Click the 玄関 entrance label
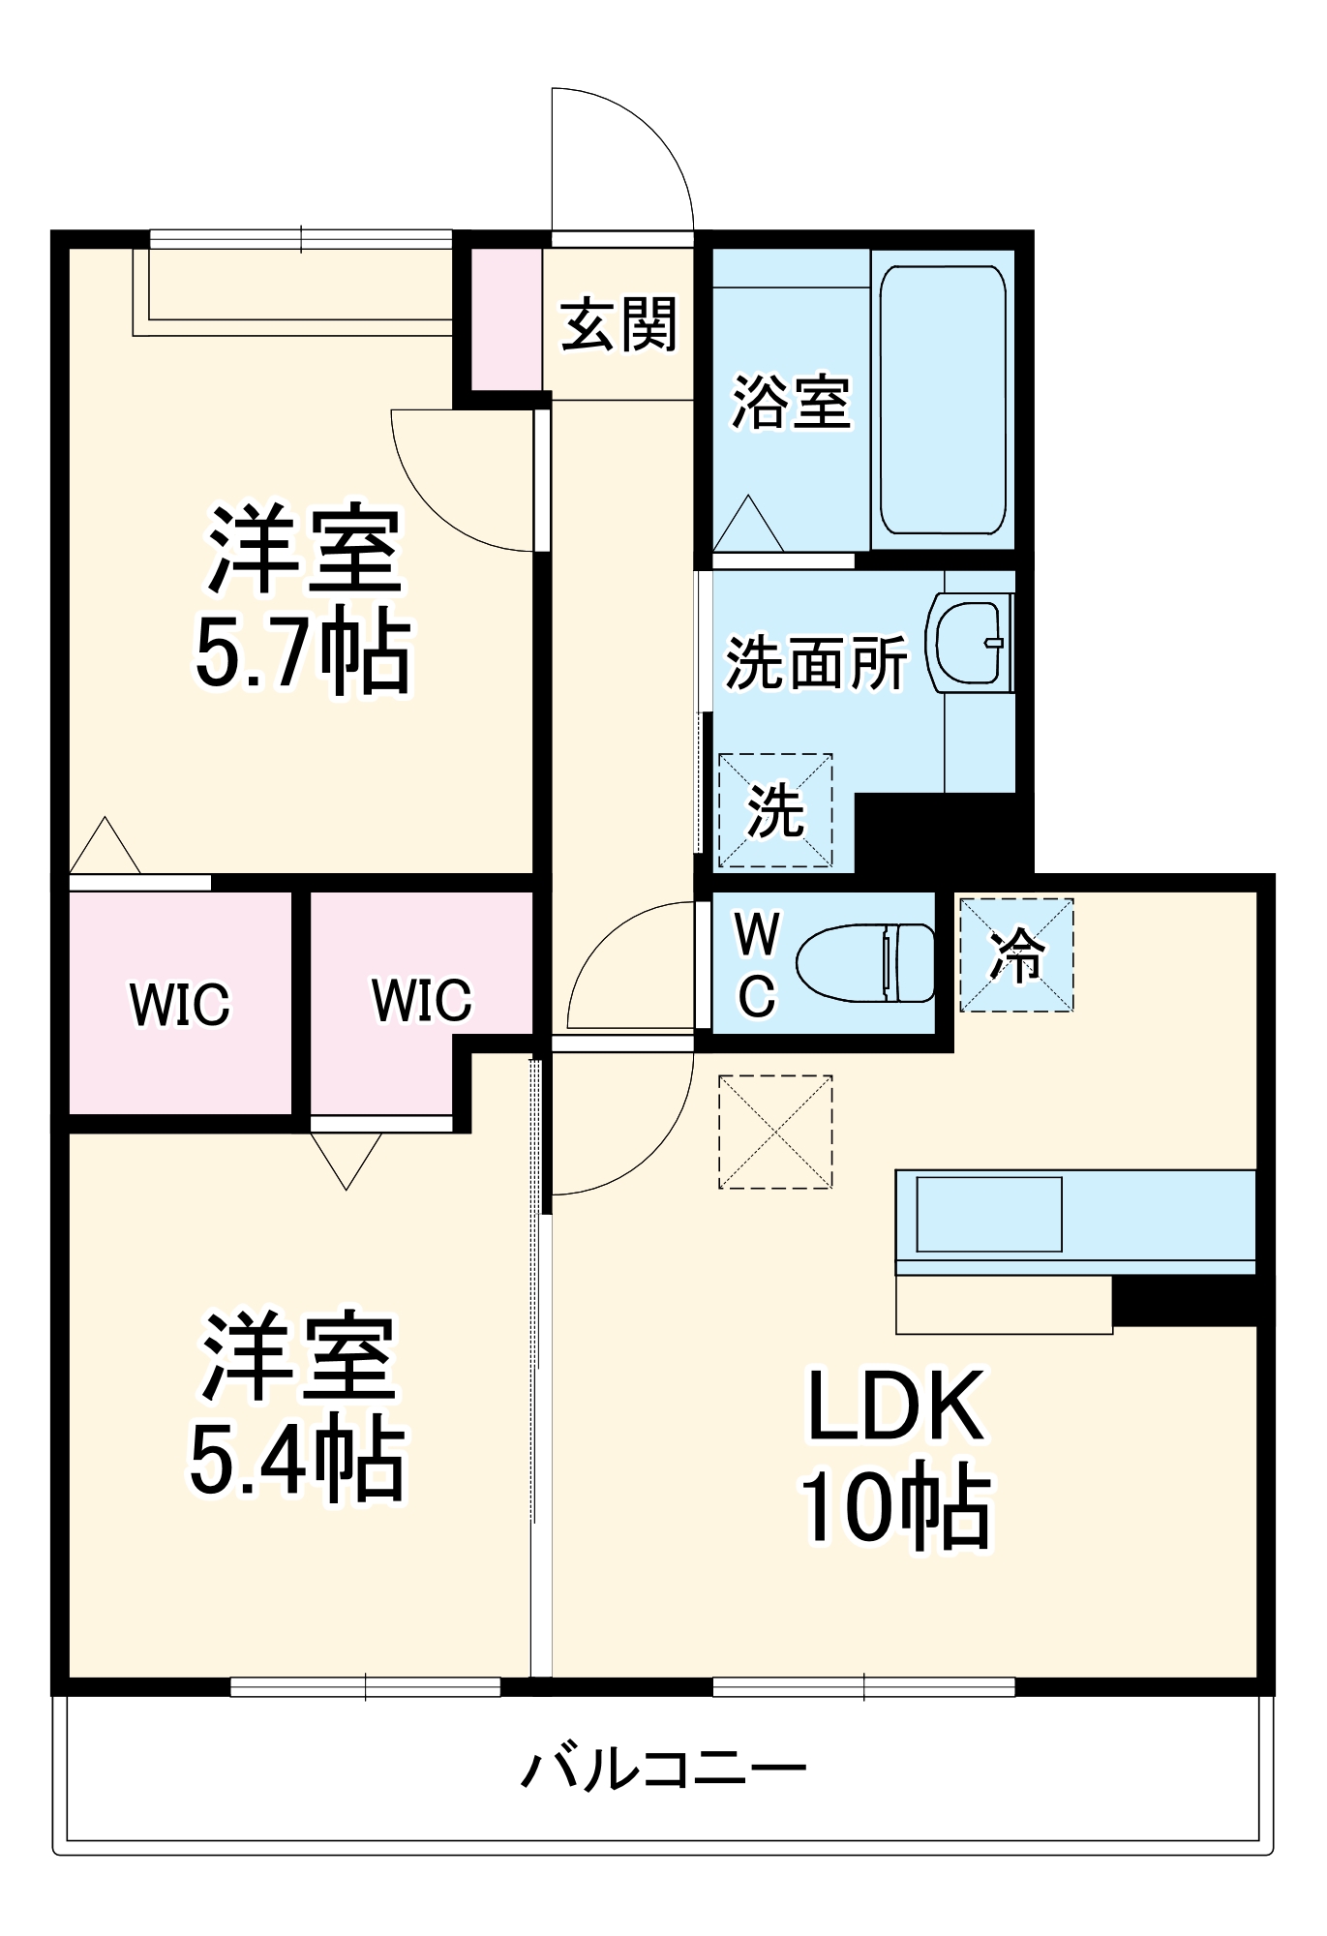(618, 325)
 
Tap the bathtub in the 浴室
(942, 399)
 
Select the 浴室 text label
(791, 402)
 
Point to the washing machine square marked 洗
(775, 810)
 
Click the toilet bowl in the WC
(863, 962)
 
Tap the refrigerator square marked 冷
(1016, 955)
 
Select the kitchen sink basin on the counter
(988, 1214)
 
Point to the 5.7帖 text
(303, 651)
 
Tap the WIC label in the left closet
(180, 1004)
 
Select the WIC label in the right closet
(422, 1000)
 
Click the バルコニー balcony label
(664, 1769)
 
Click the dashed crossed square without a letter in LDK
(775, 1132)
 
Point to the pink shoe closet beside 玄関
(505, 319)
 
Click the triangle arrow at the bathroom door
(747, 526)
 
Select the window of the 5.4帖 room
(365, 1686)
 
